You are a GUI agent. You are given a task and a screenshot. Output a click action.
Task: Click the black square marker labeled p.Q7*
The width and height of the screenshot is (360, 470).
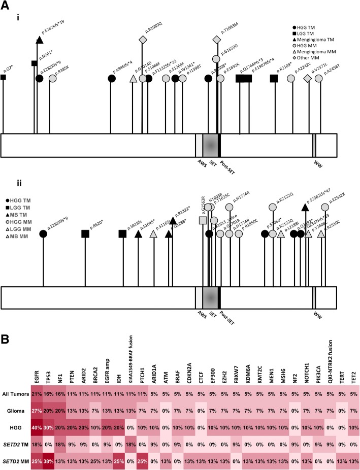pos(4,77)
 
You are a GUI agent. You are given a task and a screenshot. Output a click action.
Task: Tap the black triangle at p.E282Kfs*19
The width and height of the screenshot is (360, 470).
pos(40,40)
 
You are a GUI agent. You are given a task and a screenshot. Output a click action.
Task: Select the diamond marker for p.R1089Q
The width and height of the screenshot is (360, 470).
pos(143,40)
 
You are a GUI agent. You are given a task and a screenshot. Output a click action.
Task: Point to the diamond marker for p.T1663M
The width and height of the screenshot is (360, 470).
pos(216,40)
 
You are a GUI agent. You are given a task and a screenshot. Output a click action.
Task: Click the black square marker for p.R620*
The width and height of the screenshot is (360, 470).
pos(85,233)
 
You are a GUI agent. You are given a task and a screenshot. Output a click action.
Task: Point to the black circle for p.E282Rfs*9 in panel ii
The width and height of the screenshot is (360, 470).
pos(43,233)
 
